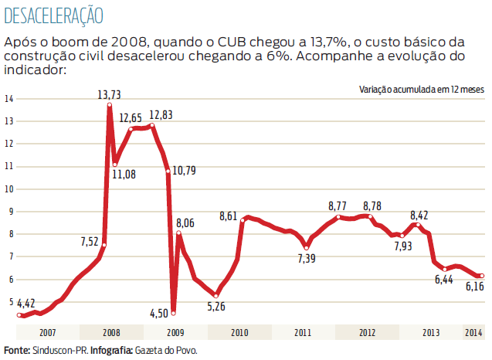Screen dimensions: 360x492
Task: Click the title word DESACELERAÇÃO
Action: [x=53, y=15]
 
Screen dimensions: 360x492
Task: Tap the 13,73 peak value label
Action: [x=110, y=95]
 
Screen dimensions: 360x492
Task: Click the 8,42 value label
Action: [x=422, y=215]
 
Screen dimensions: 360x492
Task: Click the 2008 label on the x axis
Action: [x=110, y=332]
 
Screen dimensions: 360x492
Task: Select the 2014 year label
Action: [x=474, y=332]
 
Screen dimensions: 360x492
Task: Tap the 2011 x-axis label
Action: [x=303, y=332]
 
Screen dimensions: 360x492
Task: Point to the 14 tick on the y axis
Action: [x=9, y=98]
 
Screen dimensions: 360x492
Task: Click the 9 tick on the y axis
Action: [x=11, y=211]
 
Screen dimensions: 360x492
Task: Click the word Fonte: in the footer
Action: [x=16, y=351]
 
